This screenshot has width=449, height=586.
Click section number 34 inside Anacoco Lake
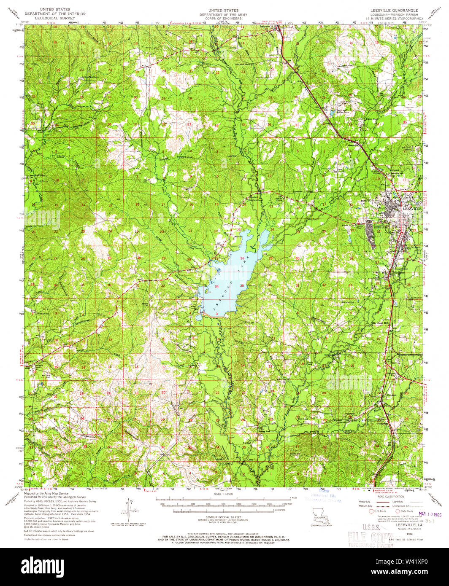tap(216, 287)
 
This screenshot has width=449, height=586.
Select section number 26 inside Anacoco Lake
tap(242, 258)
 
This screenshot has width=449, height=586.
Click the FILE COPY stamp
tap(370, 537)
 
